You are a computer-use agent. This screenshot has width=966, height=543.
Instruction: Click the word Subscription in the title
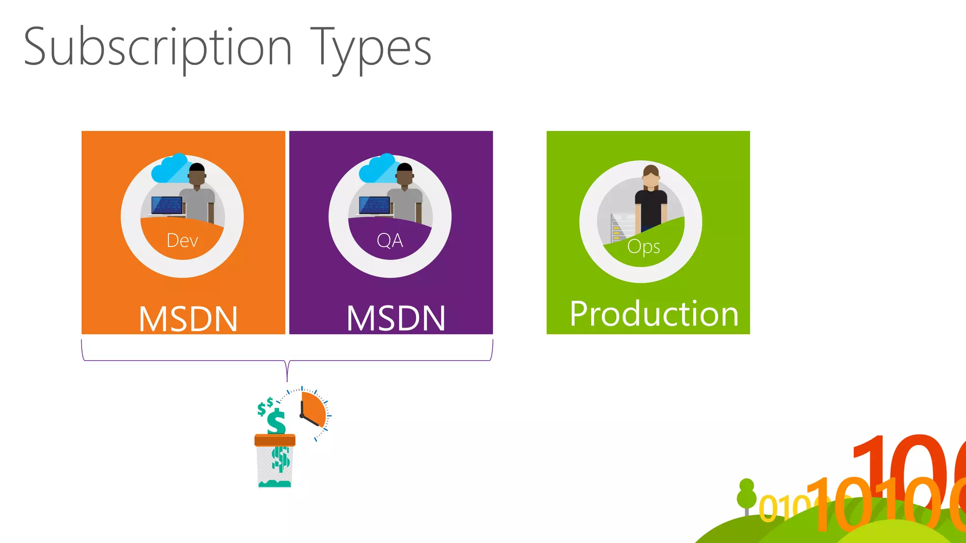click(158, 47)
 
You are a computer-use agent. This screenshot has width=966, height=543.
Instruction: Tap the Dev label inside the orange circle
click(182, 241)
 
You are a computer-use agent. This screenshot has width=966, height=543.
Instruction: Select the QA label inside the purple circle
click(390, 241)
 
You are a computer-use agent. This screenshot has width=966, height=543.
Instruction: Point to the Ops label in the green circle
click(643, 247)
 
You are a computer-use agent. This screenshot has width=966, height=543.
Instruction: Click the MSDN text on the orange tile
click(188, 319)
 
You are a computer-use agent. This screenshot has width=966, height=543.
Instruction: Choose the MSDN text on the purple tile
click(396, 318)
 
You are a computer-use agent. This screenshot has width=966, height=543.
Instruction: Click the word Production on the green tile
click(654, 314)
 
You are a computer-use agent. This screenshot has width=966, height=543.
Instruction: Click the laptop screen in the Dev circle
click(167, 206)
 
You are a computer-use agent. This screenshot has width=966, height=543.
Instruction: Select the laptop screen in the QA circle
click(374, 206)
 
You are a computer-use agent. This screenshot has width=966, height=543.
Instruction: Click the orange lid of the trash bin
click(275, 440)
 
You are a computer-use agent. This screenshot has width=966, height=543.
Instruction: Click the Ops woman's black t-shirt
click(651, 207)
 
